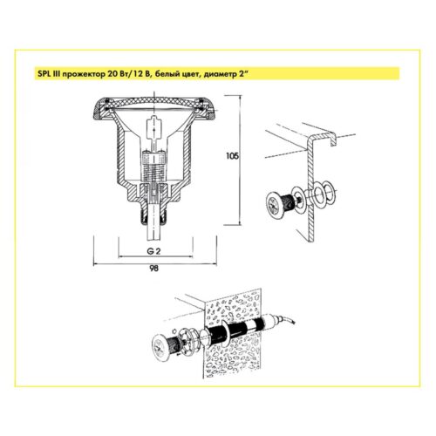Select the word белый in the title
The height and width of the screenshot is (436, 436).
tap(166, 74)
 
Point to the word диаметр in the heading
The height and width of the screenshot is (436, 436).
tap(220, 74)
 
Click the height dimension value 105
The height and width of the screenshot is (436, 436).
tap(232, 156)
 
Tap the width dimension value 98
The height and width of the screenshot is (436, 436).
tap(153, 269)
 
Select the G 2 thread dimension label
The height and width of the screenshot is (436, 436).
tap(153, 252)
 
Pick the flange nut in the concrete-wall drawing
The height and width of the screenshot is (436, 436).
tap(188, 339)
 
